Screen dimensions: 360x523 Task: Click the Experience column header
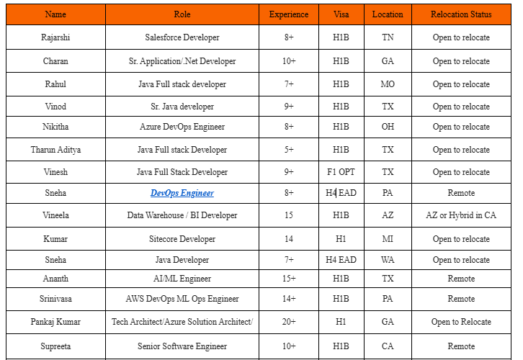pyautogui.click(x=288, y=14)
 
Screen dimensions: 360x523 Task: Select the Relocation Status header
pyautogui.click(x=461, y=14)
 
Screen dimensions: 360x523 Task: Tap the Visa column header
pyautogui.click(x=341, y=14)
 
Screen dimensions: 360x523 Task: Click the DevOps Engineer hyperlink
pyautogui.click(x=182, y=193)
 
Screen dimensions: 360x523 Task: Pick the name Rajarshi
pyautogui.click(x=55, y=37)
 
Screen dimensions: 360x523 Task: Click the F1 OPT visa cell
pyautogui.click(x=341, y=172)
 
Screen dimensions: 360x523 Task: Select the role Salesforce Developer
pyautogui.click(x=182, y=37)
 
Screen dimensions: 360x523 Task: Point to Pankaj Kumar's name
pyautogui.click(x=55, y=322)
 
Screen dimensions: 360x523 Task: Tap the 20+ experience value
pyautogui.click(x=288, y=322)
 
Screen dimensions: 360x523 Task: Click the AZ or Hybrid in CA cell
pyautogui.click(x=461, y=215)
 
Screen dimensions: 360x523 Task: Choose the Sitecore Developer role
pyautogui.click(x=182, y=239)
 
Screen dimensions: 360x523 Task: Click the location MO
pyautogui.click(x=388, y=84)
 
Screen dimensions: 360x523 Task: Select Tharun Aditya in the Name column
pyautogui.click(x=55, y=150)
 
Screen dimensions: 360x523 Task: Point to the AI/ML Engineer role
pyautogui.click(x=182, y=278)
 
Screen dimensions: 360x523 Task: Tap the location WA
pyautogui.click(x=388, y=260)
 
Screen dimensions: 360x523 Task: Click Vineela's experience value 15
pyautogui.click(x=288, y=215)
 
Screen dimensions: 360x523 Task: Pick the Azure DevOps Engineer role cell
pyautogui.click(x=182, y=127)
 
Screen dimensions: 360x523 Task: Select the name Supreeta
pyautogui.click(x=55, y=346)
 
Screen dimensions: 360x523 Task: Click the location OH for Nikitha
pyautogui.click(x=388, y=127)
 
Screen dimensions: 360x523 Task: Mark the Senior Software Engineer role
pyautogui.click(x=182, y=346)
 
